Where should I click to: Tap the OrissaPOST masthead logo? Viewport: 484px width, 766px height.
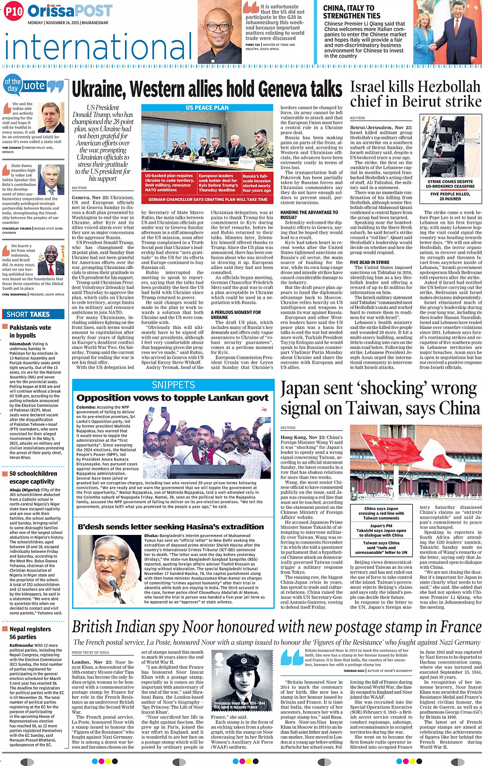coord(70,11)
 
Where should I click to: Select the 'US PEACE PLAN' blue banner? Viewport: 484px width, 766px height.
coord(207,108)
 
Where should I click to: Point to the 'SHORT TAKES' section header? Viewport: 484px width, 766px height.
coord(28,314)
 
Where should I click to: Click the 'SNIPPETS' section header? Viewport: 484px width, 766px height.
coord(173,385)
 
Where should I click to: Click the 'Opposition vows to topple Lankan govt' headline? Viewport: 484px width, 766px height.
coord(172,398)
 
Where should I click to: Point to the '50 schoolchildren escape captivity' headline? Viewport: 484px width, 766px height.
coord(33,478)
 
